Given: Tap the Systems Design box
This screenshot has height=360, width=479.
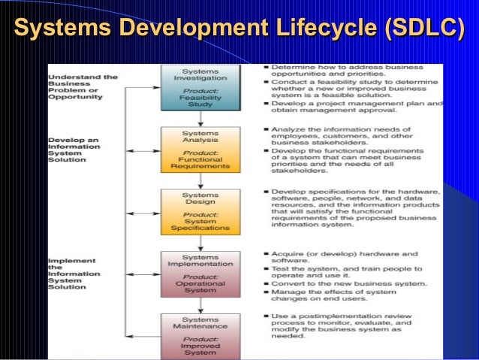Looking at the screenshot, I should coord(200,212).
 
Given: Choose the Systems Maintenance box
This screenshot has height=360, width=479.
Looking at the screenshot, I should coord(200,334).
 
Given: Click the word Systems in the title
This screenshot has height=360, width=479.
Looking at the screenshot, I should coord(60,29).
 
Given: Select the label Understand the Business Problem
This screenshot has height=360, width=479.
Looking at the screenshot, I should coord(83,86).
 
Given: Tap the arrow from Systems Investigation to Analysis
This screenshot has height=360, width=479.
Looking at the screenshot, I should coord(200,121).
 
